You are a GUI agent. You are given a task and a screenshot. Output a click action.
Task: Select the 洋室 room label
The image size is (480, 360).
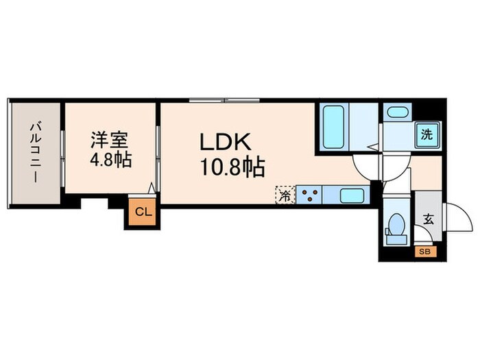coord(110,140)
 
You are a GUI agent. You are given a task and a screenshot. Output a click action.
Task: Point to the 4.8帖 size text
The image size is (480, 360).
coord(110,162)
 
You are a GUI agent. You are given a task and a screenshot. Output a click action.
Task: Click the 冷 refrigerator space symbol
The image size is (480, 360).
coord(284,195)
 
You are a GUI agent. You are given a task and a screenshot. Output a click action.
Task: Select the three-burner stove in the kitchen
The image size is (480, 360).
coord(310,195)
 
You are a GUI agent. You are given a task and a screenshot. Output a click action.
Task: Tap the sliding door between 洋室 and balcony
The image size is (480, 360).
coord(62,152)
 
